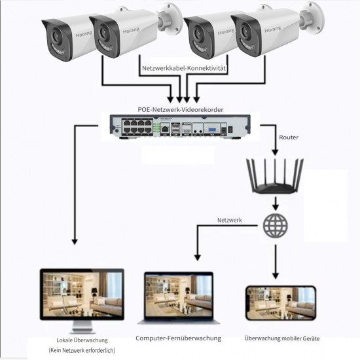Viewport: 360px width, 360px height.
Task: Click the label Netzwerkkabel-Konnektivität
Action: point(184,67)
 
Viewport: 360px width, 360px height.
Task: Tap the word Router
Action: point(289,137)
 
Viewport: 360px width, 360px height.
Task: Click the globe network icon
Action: point(275,226)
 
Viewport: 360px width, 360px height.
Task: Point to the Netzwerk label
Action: point(229,221)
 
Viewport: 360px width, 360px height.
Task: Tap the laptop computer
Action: point(178,298)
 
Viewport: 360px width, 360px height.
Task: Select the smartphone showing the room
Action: point(279,304)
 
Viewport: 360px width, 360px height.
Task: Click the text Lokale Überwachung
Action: point(82,340)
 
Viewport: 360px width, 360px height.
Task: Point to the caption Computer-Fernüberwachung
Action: point(179,338)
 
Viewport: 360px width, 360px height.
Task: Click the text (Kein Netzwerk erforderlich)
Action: point(82,351)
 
